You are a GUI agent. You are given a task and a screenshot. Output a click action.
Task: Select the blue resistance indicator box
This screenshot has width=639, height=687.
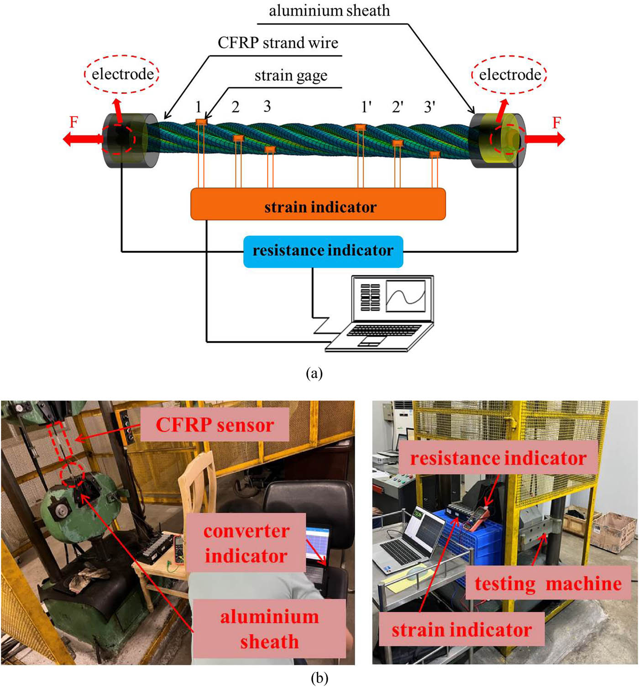click(323, 251)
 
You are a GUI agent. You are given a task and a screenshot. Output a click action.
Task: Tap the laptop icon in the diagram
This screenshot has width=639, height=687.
click(381, 314)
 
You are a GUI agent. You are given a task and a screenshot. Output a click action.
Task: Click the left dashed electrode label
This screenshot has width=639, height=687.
click(122, 74)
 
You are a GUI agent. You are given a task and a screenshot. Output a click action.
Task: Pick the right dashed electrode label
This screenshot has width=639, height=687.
click(509, 74)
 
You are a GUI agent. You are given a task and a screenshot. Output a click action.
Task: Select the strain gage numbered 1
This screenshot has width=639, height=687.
click(201, 121)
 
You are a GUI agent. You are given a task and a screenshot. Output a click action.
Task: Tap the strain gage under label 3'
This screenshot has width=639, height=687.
click(435, 155)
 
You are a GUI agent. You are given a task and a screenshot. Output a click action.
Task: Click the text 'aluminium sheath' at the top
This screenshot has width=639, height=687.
click(329, 10)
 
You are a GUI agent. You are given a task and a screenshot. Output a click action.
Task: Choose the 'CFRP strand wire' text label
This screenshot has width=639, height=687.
click(278, 43)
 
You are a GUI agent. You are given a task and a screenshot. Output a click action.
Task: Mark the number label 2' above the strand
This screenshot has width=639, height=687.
click(398, 107)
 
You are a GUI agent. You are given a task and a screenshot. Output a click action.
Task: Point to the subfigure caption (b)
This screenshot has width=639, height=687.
click(319, 678)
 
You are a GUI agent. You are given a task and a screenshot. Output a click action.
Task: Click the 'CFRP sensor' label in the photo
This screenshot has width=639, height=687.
click(215, 425)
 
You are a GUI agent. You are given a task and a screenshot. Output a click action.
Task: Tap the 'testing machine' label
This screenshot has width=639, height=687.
click(548, 584)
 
